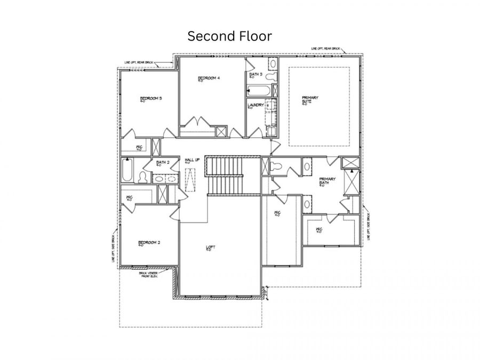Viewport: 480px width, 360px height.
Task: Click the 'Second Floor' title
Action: (230, 36)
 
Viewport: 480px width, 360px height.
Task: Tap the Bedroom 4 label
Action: (209, 79)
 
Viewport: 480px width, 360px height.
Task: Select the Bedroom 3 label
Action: (151, 98)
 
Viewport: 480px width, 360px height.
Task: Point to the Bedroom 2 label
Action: (150, 242)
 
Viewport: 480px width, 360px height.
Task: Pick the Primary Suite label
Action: (310, 100)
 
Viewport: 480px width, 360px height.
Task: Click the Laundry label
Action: (255, 105)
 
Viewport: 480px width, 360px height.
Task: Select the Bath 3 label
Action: (256, 74)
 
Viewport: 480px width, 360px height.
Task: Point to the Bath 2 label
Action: (163, 163)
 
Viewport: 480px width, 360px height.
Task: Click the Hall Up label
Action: (192, 160)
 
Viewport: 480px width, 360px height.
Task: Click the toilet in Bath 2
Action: (143, 178)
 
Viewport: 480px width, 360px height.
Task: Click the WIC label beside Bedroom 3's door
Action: (139, 147)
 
